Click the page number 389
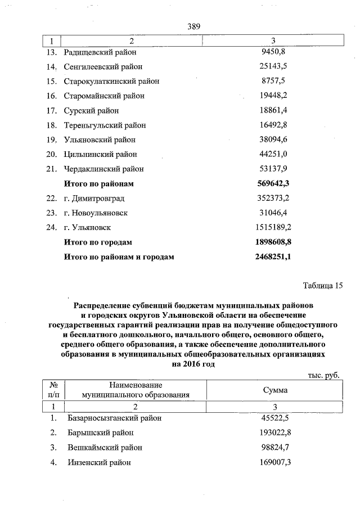click(x=193, y=26)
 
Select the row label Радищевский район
click(x=100, y=52)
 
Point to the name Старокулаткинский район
click(x=111, y=82)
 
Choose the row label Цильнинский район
click(x=101, y=154)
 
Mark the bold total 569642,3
click(x=273, y=184)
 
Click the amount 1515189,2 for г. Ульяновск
click(x=273, y=228)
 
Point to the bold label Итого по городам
click(x=98, y=242)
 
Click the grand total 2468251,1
click(x=273, y=257)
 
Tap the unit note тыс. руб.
click(x=324, y=375)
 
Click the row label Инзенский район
click(x=98, y=462)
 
